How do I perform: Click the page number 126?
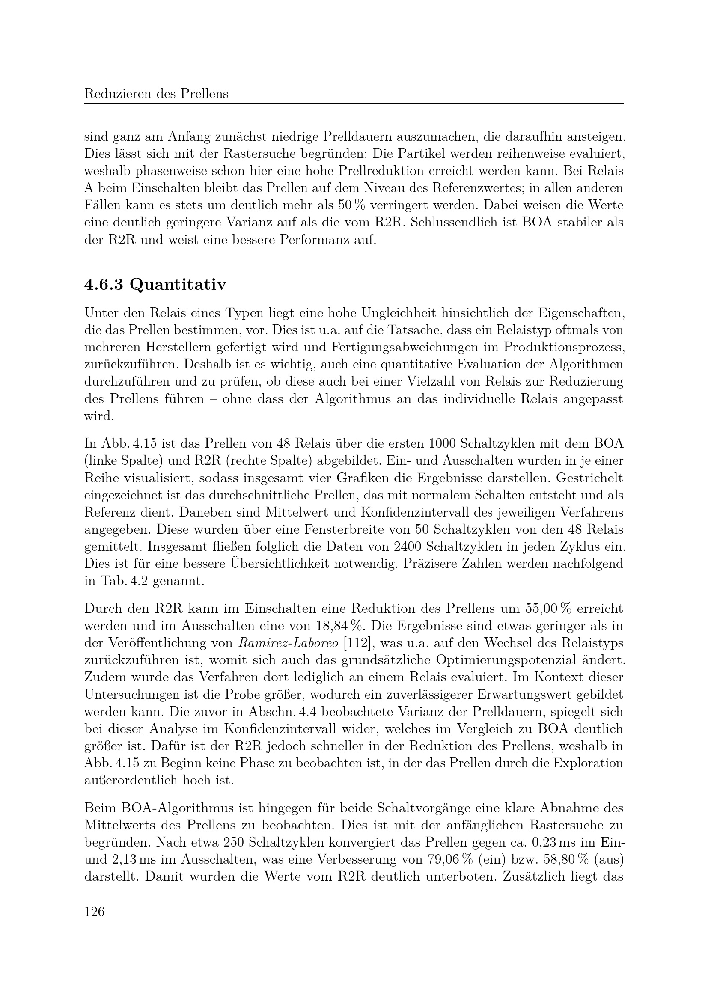coord(94,911)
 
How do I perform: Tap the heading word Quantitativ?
coord(178,285)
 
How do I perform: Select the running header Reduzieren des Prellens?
coord(156,94)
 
